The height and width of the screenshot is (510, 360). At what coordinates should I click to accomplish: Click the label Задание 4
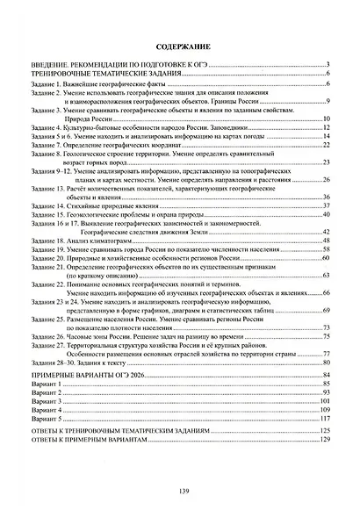48,128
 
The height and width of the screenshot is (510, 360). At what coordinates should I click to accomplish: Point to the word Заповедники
203,128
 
